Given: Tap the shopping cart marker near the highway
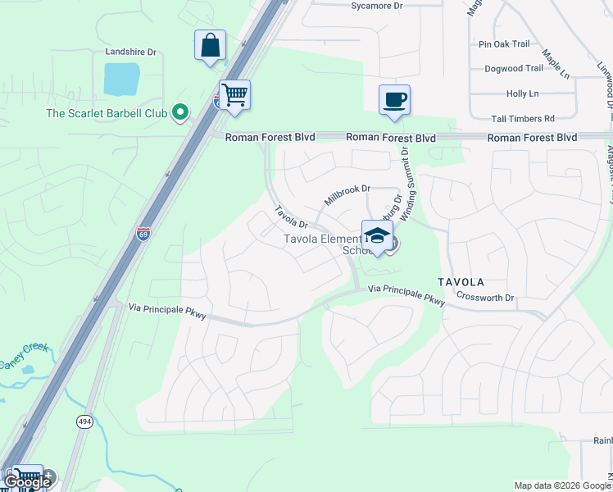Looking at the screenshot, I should pyautogui.click(x=234, y=95).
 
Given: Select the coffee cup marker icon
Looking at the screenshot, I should pyautogui.click(x=394, y=100).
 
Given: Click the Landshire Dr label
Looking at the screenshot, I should pyautogui.click(x=130, y=52).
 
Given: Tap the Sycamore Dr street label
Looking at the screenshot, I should pyautogui.click(x=377, y=6).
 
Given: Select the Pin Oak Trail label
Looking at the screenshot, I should pyautogui.click(x=504, y=43).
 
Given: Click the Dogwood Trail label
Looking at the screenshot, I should pyautogui.click(x=513, y=69).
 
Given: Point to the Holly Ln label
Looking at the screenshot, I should pyautogui.click(x=522, y=94).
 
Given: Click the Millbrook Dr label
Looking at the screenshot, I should pyautogui.click(x=347, y=194).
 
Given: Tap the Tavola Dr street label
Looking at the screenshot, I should pyautogui.click(x=290, y=216).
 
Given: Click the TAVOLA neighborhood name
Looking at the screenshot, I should pyautogui.click(x=460, y=281).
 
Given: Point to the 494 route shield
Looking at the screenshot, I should pyautogui.click(x=84, y=421).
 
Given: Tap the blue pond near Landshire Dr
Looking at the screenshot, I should pyautogui.click(x=121, y=79).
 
